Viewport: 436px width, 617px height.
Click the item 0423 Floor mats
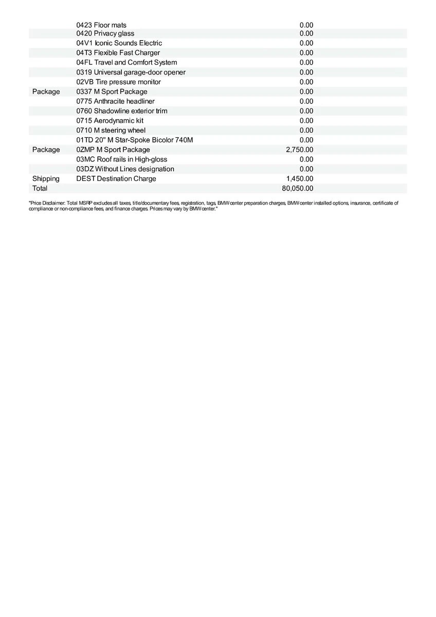pyautogui.click(x=101, y=25)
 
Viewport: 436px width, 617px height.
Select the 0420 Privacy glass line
pyautogui.click(x=105, y=33)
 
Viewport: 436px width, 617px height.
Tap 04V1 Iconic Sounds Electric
pyautogui.click(x=119, y=43)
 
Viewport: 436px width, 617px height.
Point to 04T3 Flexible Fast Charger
pyautogui.click(x=118, y=53)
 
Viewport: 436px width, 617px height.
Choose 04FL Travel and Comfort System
pyautogui.click(x=126, y=62)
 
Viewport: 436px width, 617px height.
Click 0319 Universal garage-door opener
pyautogui.click(x=131, y=72)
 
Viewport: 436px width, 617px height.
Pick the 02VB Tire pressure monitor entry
pyautogui.click(x=119, y=82)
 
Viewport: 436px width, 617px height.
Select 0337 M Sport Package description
pyautogui.click(x=112, y=92)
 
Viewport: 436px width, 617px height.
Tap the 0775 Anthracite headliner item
pyautogui.click(x=116, y=101)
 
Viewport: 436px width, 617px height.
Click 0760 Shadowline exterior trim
pyautogui.click(x=122, y=111)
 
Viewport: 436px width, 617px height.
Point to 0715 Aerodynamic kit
pyautogui.click(x=110, y=120)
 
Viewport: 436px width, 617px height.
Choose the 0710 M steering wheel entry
pyautogui.click(x=111, y=130)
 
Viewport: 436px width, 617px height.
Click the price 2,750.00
pyautogui.click(x=299, y=150)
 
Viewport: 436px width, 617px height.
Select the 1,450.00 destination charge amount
pyautogui.click(x=299, y=179)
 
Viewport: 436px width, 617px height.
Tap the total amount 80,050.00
pyautogui.click(x=297, y=188)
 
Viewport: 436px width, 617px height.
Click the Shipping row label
pyautogui.click(x=46, y=179)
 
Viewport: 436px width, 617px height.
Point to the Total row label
pyautogui.click(x=40, y=188)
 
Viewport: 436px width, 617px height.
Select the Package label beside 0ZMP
pyautogui.click(x=46, y=150)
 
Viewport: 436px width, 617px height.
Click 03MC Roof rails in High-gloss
pyautogui.click(x=122, y=159)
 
